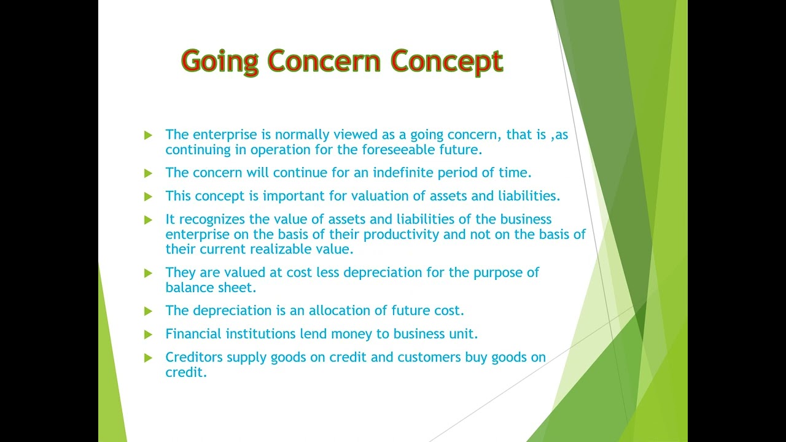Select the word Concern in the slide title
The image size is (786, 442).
pos(325,61)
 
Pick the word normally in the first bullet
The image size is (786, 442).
pos(299,134)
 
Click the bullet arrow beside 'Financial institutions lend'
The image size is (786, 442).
pos(148,335)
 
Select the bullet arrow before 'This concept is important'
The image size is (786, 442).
pos(148,196)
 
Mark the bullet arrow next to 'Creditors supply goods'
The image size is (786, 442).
pos(148,357)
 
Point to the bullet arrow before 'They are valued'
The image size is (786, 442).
pos(148,273)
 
